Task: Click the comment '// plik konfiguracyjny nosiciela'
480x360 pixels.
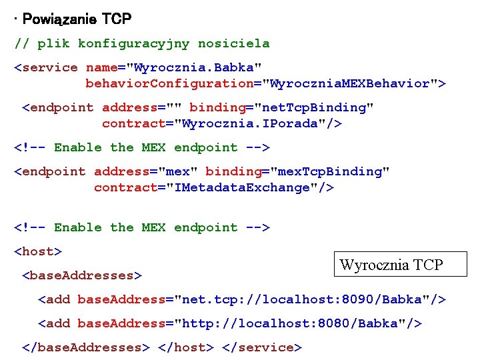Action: pyautogui.click(x=142, y=44)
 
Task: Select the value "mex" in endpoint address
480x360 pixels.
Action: pyautogui.click(x=178, y=171)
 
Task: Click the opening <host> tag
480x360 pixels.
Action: pyautogui.click(x=38, y=251)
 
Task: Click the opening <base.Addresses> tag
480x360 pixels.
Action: pyautogui.click(x=82, y=275)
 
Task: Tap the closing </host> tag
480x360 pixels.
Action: pyautogui.click(x=186, y=347)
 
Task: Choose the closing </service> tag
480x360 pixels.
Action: pyautogui.click(x=262, y=347)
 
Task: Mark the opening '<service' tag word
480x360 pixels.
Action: pyautogui.click(x=46, y=67)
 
